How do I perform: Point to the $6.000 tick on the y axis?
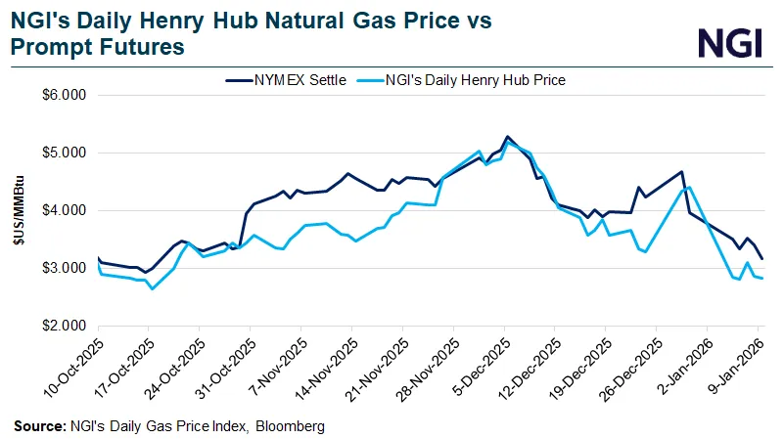[x=67, y=96]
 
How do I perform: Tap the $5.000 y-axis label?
[x=67, y=154]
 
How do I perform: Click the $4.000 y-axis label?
[x=67, y=210]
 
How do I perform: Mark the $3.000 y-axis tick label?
[x=67, y=268]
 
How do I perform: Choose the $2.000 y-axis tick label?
[x=67, y=326]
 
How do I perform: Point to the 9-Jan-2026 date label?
[x=737, y=367]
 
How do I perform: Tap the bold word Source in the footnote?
[x=38, y=426]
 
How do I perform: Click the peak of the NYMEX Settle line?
[x=507, y=136]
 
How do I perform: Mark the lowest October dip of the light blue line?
[x=152, y=288]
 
